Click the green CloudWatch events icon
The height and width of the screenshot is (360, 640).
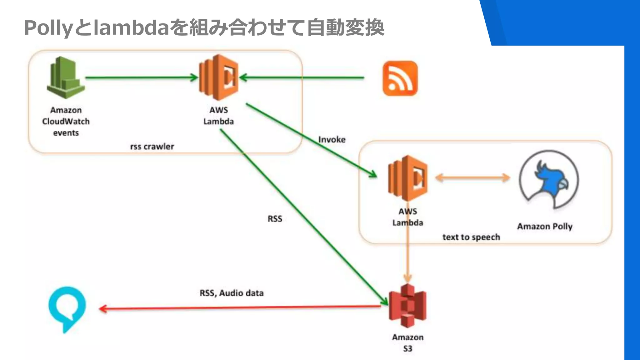(x=66, y=78)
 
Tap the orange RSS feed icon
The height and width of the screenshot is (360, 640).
(x=400, y=78)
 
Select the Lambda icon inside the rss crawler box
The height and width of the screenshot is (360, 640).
(x=219, y=77)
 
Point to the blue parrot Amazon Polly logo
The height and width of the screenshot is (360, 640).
(x=549, y=179)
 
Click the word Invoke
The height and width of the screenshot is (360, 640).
(x=332, y=139)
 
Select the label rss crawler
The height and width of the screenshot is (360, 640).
(x=152, y=147)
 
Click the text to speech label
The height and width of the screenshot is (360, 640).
(x=471, y=237)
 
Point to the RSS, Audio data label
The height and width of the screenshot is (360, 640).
(x=232, y=293)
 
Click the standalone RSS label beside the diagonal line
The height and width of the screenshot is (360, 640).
(x=275, y=219)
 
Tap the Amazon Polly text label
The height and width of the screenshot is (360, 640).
(x=545, y=226)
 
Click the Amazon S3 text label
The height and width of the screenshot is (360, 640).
(x=408, y=343)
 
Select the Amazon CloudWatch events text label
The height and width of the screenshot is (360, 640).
(x=66, y=121)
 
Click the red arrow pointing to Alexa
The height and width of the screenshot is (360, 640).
(x=237, y=308)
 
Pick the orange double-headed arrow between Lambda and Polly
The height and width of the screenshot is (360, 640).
(x=472, y=178)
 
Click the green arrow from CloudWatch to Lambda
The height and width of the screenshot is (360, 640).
(x=141, y=77)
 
